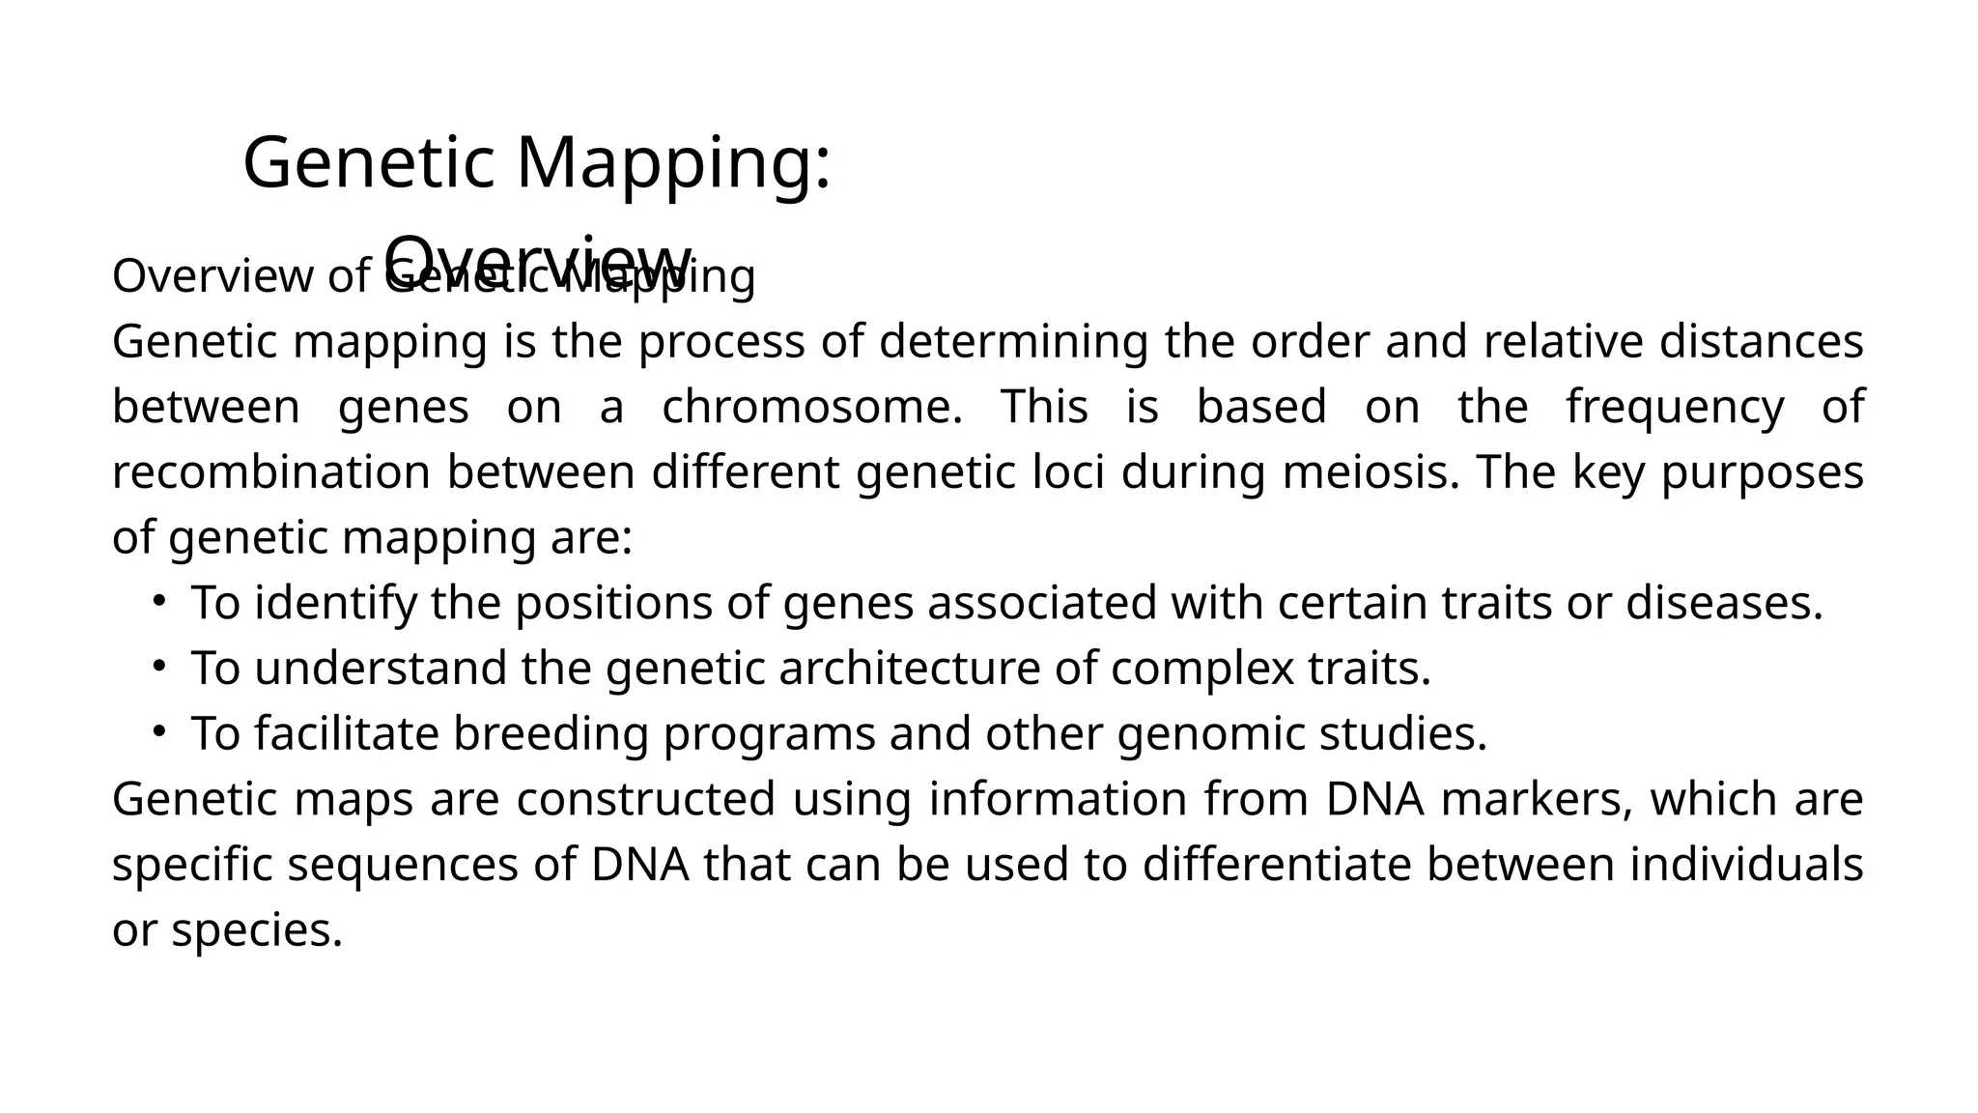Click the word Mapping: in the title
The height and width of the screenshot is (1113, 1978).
pos(673,163)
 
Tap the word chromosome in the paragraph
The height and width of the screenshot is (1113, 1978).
pos(811,407)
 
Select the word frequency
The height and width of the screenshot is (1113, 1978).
pos(1675,407)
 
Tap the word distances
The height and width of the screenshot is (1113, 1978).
pos(1761,342)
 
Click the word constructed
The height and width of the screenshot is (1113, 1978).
pos(646,799)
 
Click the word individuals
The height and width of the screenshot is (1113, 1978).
pos(1746,864)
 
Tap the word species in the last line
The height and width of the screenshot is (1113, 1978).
pos(257,930)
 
